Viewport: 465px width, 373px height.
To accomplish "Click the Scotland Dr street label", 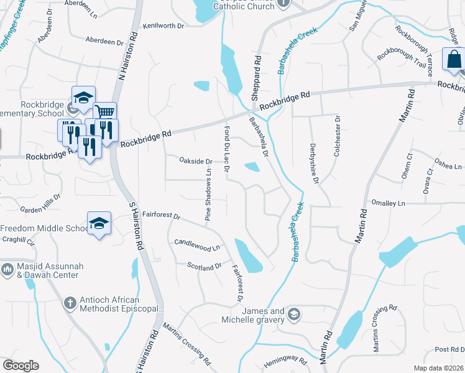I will [x=205, y=266].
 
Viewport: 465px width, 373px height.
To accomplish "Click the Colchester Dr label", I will [x=338, y=136].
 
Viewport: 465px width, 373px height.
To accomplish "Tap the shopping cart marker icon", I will [x=104, y=113].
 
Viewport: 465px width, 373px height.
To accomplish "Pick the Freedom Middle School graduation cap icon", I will [x=99, y=223].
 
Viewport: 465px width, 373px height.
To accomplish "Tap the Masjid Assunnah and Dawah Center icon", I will [x=7, y=269].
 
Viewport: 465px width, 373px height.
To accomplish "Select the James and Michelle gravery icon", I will [x=293, y=315].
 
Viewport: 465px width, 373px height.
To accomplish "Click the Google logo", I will [x=21, y=366].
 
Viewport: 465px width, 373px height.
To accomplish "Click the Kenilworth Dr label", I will [x=163, y=26].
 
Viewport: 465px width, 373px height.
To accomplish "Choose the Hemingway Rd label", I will [x=285, y=361].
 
